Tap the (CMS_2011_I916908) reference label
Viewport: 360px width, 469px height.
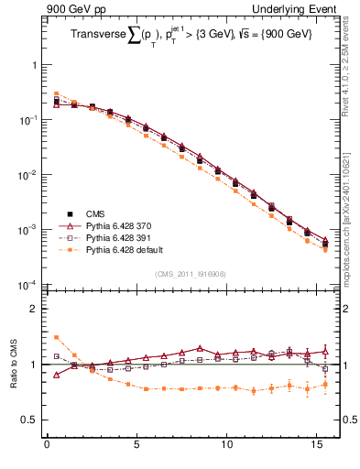click(191, 273)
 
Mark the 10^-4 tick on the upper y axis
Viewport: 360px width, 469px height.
click(27, 285)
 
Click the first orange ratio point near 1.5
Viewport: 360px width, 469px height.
click(56, 337)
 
